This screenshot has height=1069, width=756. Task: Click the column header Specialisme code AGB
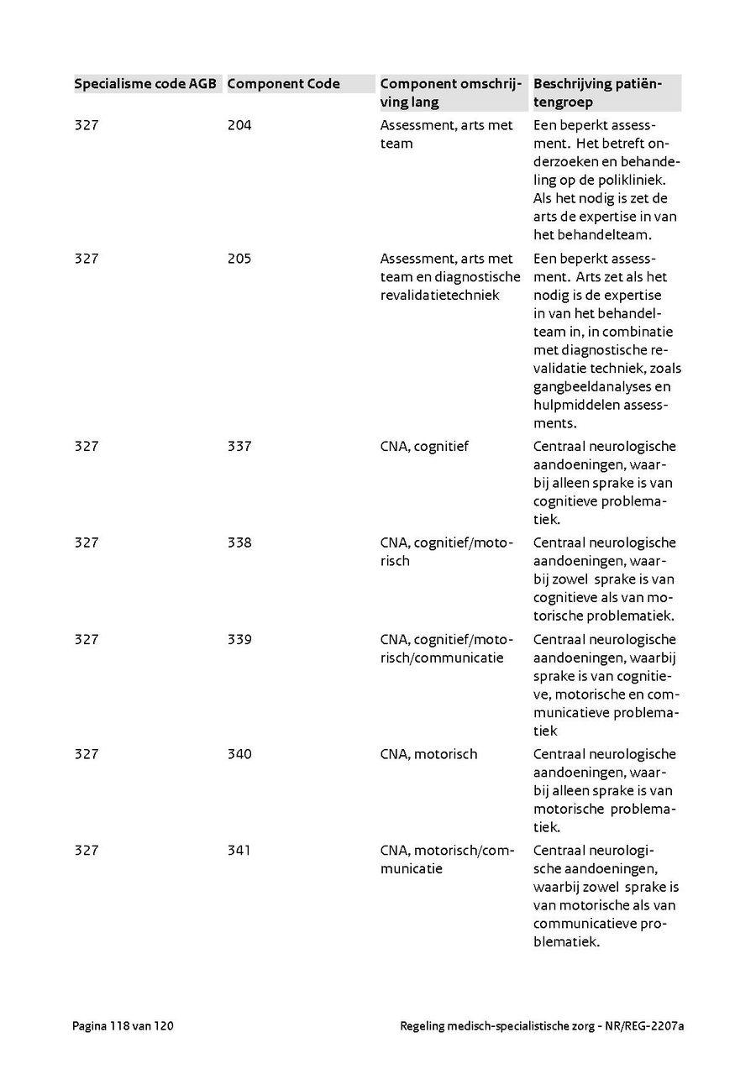(145, 84)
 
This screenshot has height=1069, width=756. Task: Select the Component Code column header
(283, 84)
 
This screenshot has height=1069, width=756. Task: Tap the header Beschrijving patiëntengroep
(597, 93)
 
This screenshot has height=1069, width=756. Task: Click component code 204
(239, 126)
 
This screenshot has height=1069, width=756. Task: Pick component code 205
(239, 259)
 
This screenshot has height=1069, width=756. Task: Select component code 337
(239, 447)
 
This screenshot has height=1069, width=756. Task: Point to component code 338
(239, 543)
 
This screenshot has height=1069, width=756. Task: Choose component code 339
(239, 640)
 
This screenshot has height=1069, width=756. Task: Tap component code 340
(239, 754)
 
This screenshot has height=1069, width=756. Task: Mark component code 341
(239, 851)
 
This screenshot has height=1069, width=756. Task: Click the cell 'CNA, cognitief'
(424, 447)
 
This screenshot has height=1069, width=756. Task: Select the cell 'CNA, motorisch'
(428, 754)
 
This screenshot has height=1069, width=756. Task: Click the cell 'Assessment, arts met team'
(446, 134)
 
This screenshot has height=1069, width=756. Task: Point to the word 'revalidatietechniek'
(439, 296)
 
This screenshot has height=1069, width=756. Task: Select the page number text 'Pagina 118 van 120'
(123, 1025)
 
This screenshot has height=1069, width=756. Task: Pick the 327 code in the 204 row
(87, 126)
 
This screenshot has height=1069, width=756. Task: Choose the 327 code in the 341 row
(87, 851)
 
